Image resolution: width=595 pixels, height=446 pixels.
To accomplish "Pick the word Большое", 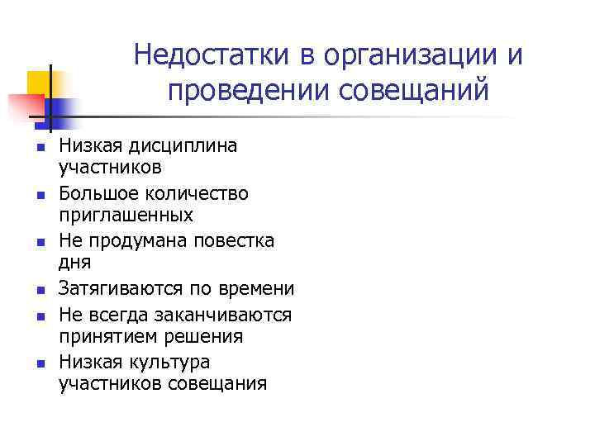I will [94, 193].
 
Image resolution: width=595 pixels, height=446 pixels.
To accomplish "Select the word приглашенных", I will [126, 216].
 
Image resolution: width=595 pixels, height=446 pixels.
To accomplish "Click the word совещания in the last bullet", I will [219, 384].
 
